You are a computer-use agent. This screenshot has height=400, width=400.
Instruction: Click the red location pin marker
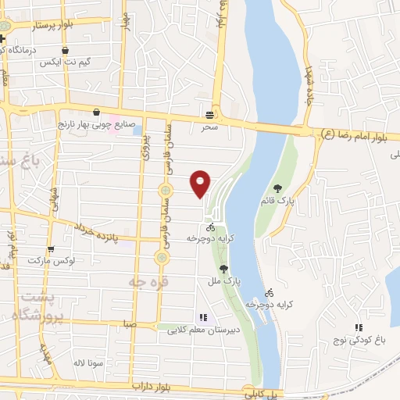[x=201, y=184]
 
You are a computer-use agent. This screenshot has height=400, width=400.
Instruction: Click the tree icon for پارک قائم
[x=277, y=187]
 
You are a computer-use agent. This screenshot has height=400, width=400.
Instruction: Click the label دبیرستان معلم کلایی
[x=201, y=330]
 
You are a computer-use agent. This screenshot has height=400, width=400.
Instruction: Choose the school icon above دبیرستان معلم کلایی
[x=203, y=318]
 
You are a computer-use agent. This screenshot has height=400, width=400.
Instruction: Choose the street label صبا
[x=129, y=322]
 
